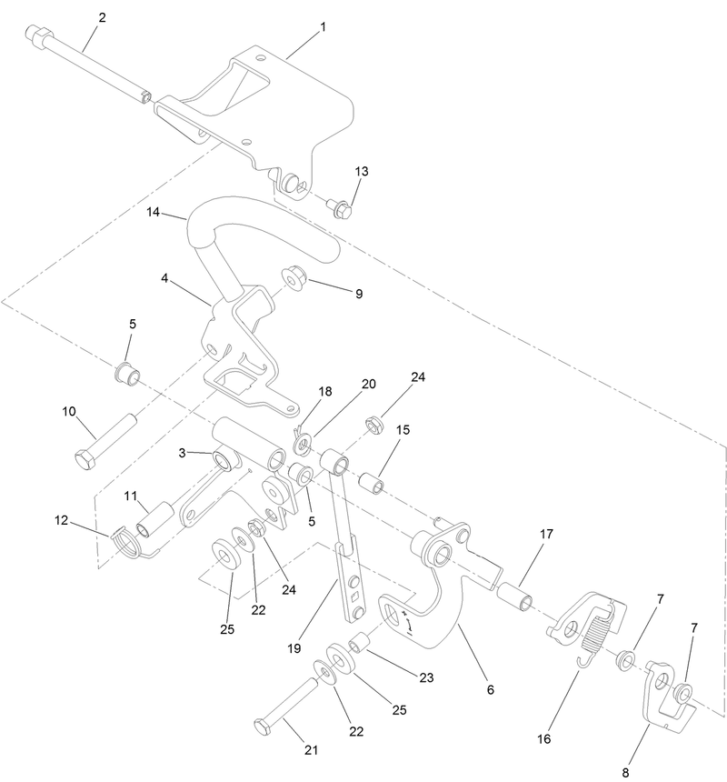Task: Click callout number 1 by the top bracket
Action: click(x=322, y=28)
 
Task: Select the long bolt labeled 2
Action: click(x=91, y=66)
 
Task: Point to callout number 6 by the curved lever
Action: click(x=490, y=689)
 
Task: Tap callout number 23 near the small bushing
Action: click(x=425, y=677)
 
